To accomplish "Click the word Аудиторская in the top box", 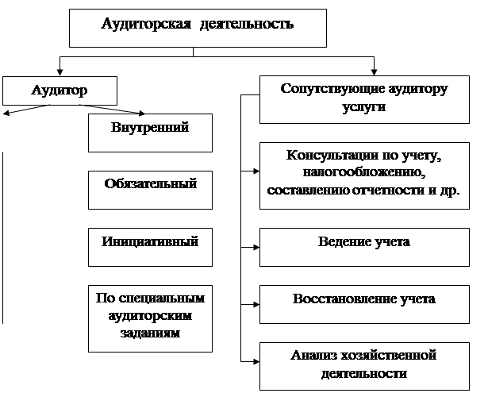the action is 146,25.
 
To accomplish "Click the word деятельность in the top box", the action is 247,25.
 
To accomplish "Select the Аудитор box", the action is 60,91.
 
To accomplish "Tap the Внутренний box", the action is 150,133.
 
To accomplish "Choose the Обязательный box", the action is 150,190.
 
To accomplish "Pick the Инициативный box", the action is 150,247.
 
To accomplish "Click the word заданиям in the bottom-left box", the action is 150,333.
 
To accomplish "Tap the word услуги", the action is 364,107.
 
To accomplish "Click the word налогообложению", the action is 364,172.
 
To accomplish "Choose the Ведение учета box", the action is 364,247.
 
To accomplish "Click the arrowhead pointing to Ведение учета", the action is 256,247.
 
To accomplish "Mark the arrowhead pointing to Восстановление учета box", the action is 256,304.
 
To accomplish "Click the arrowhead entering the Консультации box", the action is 256,171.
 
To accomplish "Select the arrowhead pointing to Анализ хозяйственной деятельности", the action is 256,361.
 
